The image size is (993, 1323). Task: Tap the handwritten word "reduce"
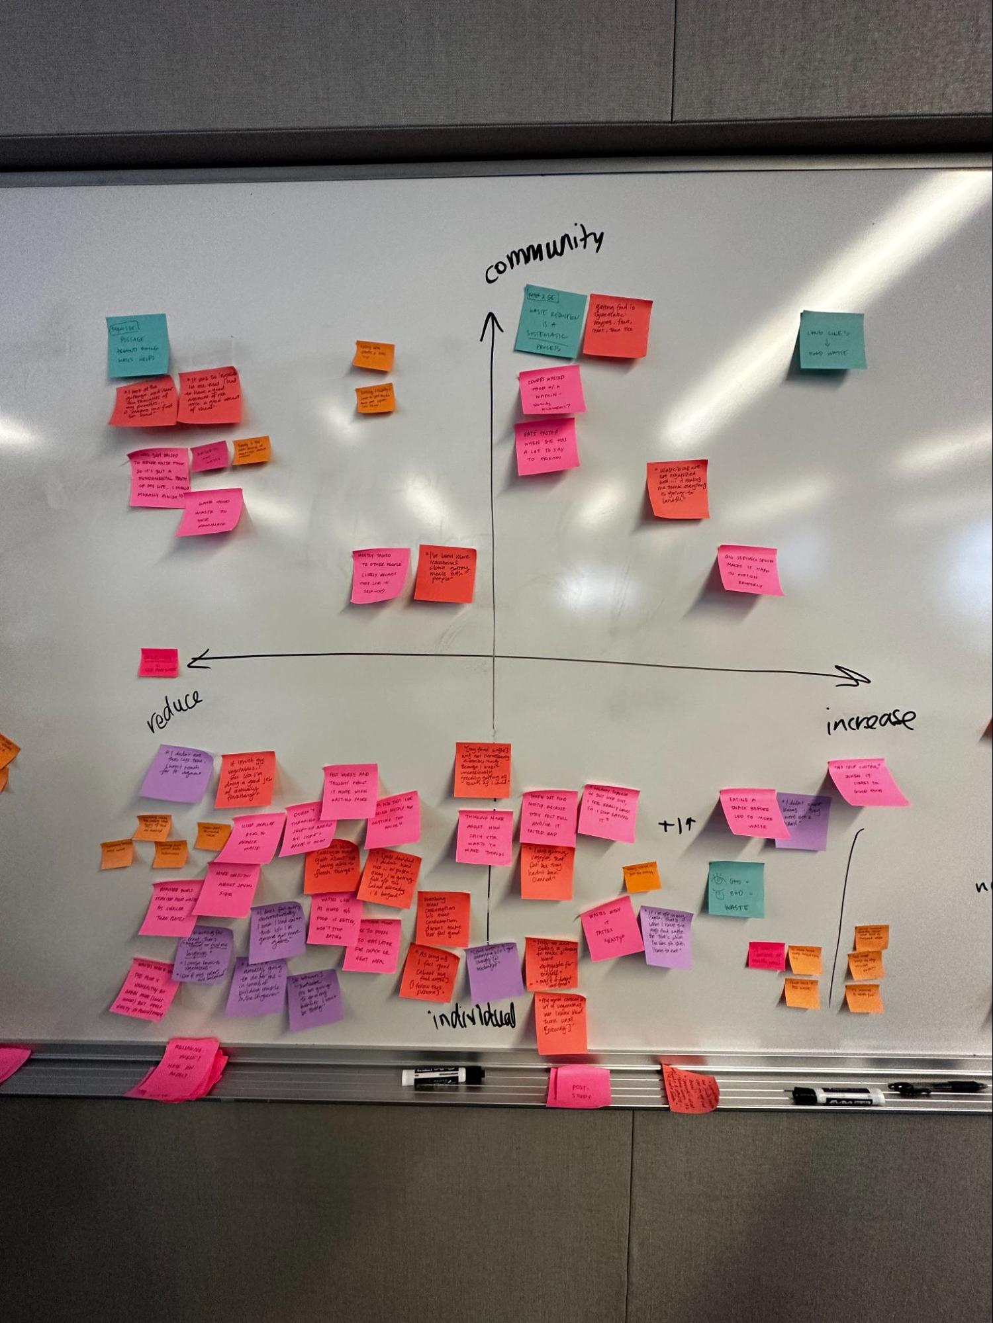174,711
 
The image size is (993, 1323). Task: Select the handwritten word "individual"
473,1017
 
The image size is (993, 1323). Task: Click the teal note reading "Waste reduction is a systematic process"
550,320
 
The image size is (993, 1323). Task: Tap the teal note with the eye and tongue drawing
736,889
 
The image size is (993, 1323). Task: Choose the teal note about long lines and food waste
832,340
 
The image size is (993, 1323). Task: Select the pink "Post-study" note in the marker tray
579,1087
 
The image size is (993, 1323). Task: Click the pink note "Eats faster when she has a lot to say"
547,446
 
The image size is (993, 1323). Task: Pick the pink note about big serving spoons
749,570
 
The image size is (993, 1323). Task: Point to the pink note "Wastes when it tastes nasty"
612,927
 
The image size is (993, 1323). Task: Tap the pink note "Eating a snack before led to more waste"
753,813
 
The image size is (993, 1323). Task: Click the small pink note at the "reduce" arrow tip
159,662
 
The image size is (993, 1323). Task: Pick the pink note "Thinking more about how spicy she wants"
484,837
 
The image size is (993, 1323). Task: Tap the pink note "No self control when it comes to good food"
867,782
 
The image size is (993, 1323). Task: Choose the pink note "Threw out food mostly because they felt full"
549,818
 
